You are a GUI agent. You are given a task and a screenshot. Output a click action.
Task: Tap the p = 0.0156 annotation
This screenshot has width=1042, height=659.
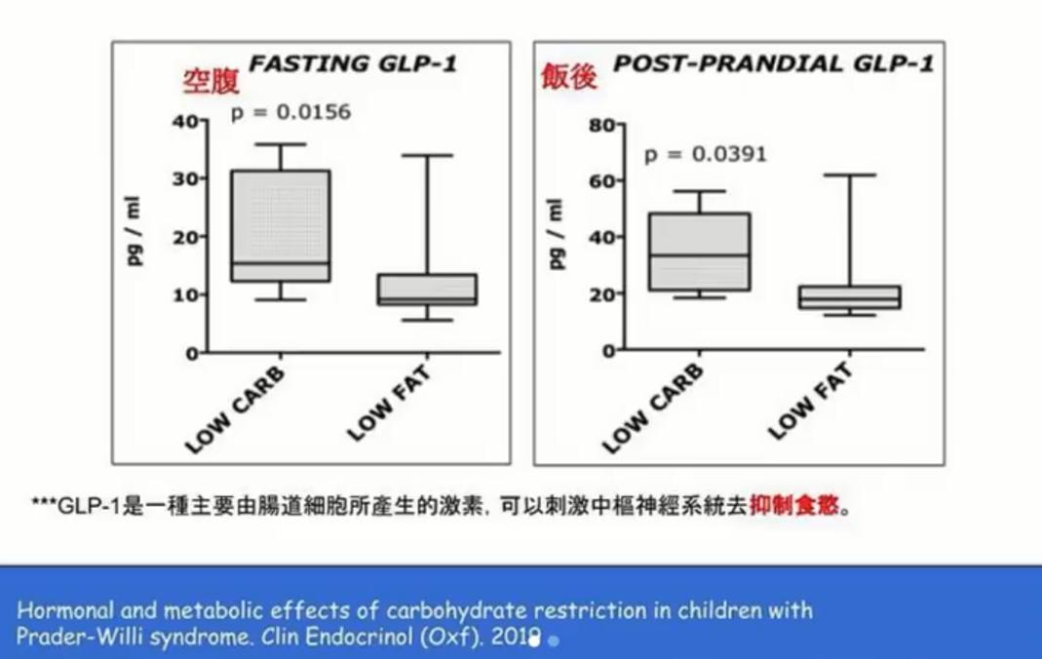coord(290,112)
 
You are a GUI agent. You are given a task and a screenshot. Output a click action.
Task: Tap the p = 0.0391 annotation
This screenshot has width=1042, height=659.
coord(705,154)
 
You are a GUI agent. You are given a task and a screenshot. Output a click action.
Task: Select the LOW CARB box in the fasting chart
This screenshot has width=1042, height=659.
coord(280,226)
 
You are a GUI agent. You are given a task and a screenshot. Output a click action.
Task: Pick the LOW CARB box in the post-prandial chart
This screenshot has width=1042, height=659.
coord(699,252)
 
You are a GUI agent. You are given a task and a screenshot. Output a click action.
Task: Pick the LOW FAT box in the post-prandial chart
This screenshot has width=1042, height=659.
coord(849,297)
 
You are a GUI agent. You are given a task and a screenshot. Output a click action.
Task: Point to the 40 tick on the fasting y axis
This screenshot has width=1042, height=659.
coord(185,121)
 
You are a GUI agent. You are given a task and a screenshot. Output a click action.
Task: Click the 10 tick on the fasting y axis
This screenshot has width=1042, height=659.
coord(185,294)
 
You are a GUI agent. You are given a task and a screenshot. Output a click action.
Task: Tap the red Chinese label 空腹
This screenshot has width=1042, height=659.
coord(211,82)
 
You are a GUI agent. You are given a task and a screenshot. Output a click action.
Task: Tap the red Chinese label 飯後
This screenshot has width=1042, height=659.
coord(569,76)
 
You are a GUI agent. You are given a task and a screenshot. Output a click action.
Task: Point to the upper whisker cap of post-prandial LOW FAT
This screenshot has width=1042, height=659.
coord(849,175)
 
